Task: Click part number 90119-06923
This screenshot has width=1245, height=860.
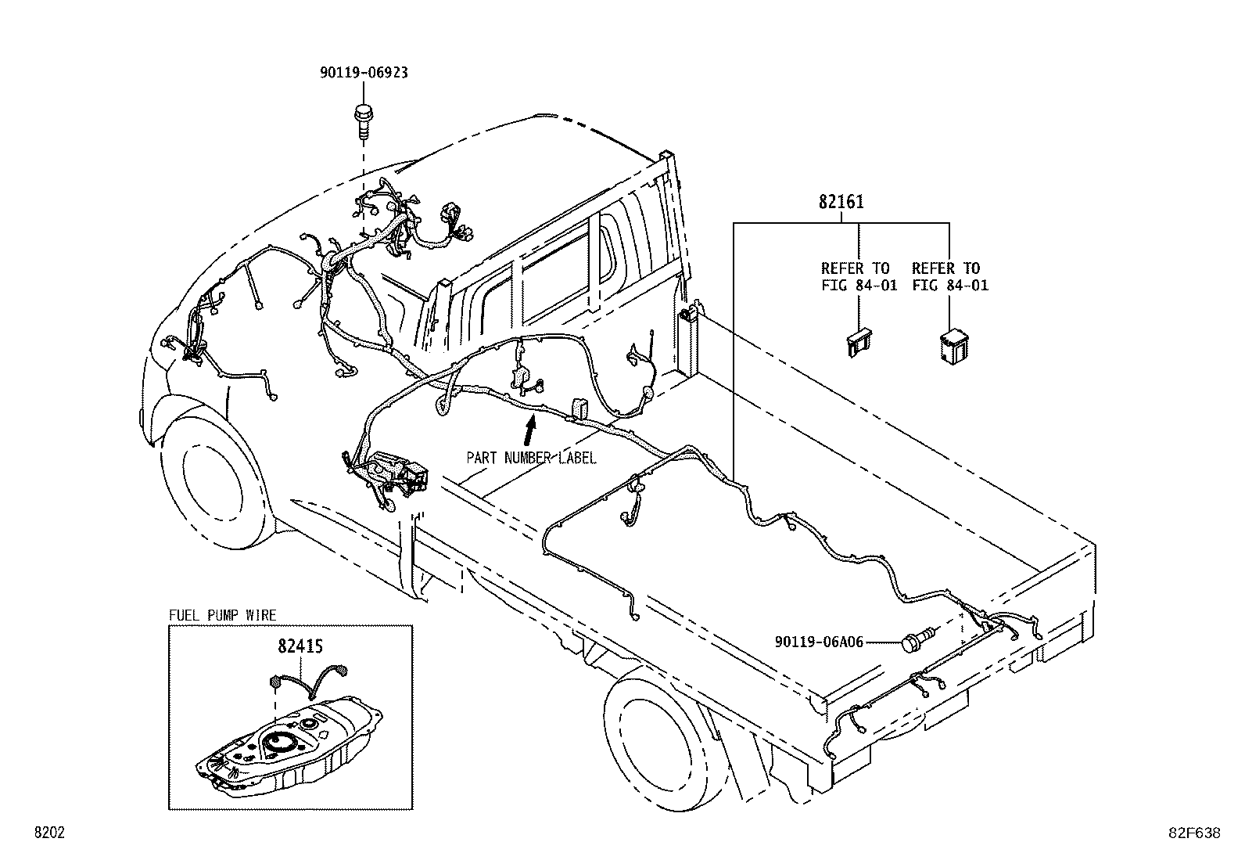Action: [364, 73]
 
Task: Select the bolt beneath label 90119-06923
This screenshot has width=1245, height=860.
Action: [363, 121]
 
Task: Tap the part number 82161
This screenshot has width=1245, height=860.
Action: [841, 202]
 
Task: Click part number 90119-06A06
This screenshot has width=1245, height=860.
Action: [819, 642]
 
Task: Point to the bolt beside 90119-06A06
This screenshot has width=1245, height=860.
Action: [920, 639]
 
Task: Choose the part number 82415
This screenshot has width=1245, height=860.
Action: [300, 646]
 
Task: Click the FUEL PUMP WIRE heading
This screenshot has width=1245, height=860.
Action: [222, 615]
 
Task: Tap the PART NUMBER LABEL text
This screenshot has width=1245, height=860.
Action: [531, 458]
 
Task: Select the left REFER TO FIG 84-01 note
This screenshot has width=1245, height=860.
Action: [859, 276]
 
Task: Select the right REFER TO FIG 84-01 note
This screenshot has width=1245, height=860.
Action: [950, 276]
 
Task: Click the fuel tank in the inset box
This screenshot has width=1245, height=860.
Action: [289, 746]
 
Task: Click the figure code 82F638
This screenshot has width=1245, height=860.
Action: [1194, 833]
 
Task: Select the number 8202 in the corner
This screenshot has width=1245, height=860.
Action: [49, 832]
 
